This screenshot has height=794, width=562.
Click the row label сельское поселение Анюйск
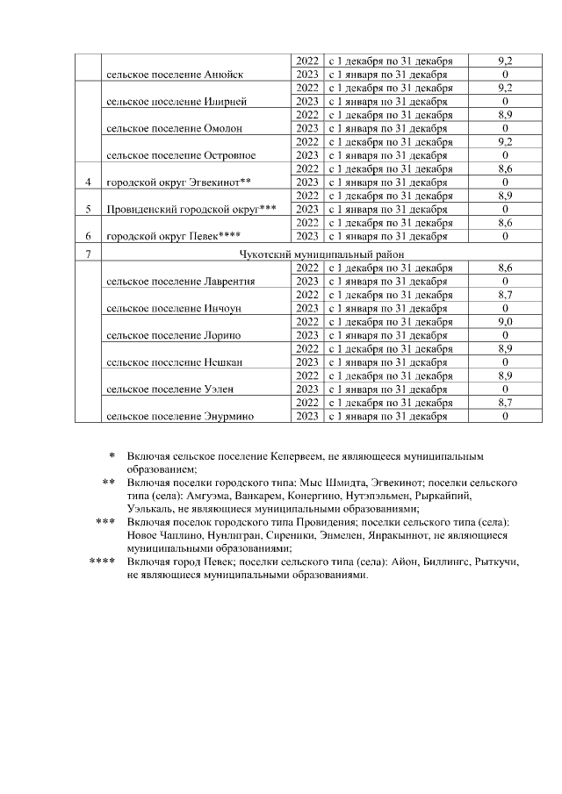(x=174, y=75)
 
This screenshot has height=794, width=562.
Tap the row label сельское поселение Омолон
(x=174, y=128)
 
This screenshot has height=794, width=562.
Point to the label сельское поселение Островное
(x=181, y=155)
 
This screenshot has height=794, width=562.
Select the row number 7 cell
(x=88, y=254)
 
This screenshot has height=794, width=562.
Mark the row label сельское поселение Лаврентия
(x=180, y=282)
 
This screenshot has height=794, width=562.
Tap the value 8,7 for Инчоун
(x=505, y=295)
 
